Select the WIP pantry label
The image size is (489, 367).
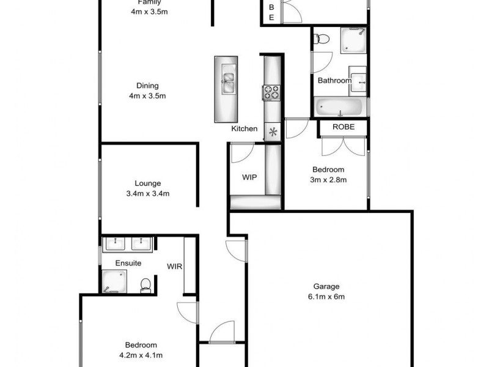(x=249, y=177)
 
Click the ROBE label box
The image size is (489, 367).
(x=342, y=127)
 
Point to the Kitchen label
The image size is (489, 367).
(x=244, y=129)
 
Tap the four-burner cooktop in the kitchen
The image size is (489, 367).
(x=271, y=93)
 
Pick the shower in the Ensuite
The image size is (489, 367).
(x=114, y=282)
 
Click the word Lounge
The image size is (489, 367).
(x=147, y=183)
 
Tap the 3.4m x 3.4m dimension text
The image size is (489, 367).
(x=147, y=194)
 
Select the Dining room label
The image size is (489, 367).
(x=147, y=86)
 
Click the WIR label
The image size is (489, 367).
(x=175, y=266)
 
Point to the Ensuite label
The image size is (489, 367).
(x=128, y=263)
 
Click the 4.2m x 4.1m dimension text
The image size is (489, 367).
(x=141, y=355)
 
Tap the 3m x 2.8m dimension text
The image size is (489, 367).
(x=328, y=180)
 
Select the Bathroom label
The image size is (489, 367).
(x=334, y=81)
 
